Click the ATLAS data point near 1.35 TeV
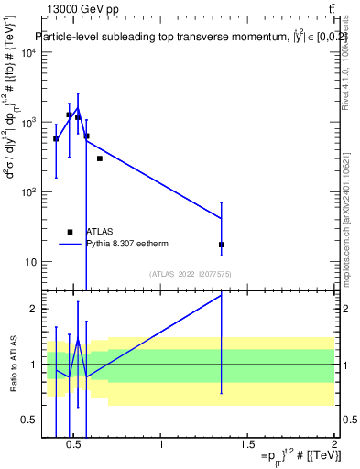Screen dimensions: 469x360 [x=222, y=245]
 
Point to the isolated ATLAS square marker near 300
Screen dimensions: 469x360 [x=100, y=158]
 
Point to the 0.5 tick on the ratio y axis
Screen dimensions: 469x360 [x=29, y=420]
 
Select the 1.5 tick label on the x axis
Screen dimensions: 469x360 [x=247, y=445]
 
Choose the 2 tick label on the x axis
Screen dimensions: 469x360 [x=334, y=445]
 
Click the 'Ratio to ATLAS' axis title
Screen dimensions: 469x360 [x=12, y=365]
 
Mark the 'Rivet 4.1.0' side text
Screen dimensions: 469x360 [x=345, y=73]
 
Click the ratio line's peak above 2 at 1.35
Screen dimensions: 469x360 [x=222, y=295]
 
